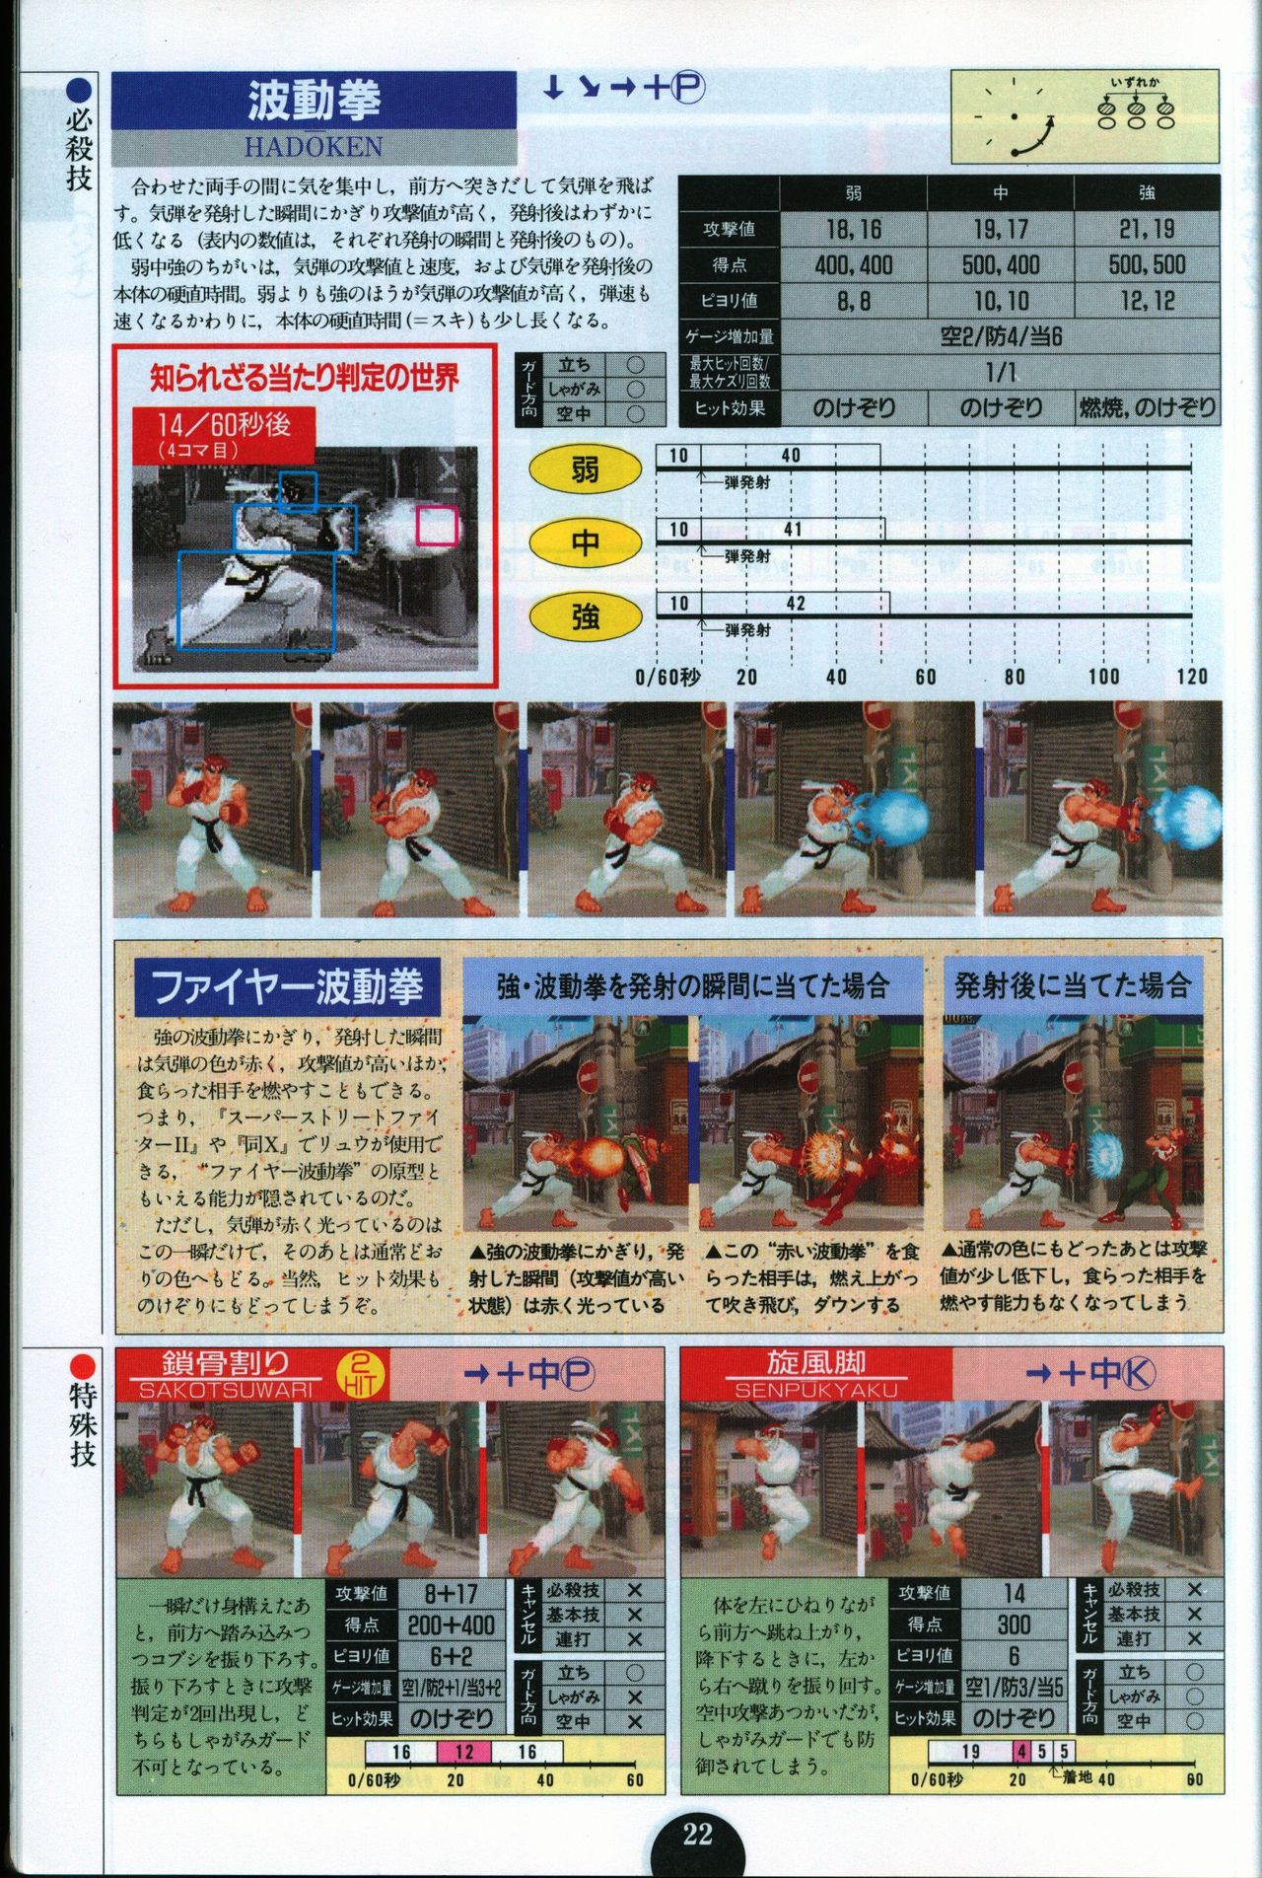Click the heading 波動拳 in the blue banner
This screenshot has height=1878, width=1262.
pyautogui.click(x=314, y=101)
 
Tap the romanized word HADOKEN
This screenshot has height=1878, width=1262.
pyautogui.click(x=314, y=147)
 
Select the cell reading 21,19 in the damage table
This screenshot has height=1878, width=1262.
pyautogui.click(x=1148, y=229)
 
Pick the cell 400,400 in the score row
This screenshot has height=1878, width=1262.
pyautogui.click(x=854, y=264)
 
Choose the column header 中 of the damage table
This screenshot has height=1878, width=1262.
pyautogui.click(x=1001, y=193)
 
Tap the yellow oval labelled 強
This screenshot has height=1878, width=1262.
pyautogui.click(x=586, y=617)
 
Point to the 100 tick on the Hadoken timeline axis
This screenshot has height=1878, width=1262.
pyautogui.click(x=1103, y=676)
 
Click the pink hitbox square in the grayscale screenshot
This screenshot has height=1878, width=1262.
pyautogui.click(x=438, y=525)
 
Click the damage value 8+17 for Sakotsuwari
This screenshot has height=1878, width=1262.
pyautogui.click(x=451, y=1621)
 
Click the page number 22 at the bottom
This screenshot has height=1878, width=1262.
pyautogui.click(x=698, y=1834)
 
